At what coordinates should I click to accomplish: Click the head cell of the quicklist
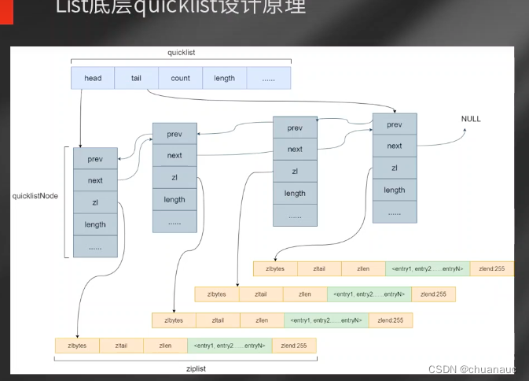(x=93, y=78)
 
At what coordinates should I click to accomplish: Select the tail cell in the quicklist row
(x=137, y=78)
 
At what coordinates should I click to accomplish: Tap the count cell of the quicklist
(x=181, y=78)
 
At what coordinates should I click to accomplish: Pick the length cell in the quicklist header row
(x=225, y=78)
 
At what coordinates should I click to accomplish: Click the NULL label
(x=471, y=119)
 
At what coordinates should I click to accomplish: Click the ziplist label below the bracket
(x=186, y=367)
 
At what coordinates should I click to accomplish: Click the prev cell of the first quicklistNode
(x=96, y=158)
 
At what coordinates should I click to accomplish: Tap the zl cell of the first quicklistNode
(x=96, y=202)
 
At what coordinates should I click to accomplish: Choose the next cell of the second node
(x=174, y=155)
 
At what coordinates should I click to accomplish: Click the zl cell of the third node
(x=295, y=171)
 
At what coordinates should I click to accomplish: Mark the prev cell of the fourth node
(x=395, y=124)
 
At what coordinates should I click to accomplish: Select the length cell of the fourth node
(x=395, y=190)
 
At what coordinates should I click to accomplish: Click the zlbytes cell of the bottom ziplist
(x=77, y=346)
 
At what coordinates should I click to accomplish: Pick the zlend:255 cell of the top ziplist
(x=491, y=269)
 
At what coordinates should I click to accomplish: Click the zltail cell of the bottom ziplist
(x=121, y=346)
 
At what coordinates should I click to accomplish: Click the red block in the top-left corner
(x=6, y=11)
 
